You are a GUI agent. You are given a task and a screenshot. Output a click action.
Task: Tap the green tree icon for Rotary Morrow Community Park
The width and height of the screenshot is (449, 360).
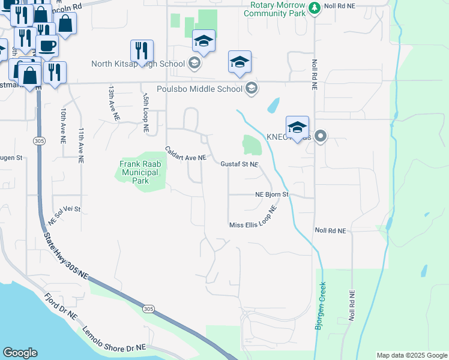tap(314, 8)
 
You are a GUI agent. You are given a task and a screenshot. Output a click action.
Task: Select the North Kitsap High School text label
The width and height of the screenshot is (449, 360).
tap(139, 64)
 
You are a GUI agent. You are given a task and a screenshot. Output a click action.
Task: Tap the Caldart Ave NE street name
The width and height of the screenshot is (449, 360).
tap(186, 154)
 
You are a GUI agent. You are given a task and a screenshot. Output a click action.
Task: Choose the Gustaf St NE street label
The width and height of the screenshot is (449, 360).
tap(239, 164)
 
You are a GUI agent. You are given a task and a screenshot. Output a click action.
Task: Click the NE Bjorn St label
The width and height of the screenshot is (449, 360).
tap(272, 194)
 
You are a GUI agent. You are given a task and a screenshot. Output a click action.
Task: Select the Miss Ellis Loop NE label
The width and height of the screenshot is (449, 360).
tap(253, 221)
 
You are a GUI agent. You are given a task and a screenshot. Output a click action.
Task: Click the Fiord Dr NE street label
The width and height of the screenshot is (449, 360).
tap(61, 306)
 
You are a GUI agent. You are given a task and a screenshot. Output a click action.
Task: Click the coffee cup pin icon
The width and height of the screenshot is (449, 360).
tap(47, 46)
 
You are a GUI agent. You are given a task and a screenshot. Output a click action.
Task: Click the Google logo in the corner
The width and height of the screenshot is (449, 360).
tap(20, 353)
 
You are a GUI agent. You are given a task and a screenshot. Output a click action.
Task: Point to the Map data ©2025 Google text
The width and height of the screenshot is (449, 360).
tap(411, 355)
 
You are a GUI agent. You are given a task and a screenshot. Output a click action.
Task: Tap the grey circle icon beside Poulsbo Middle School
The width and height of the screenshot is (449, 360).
tap(251, 89)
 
